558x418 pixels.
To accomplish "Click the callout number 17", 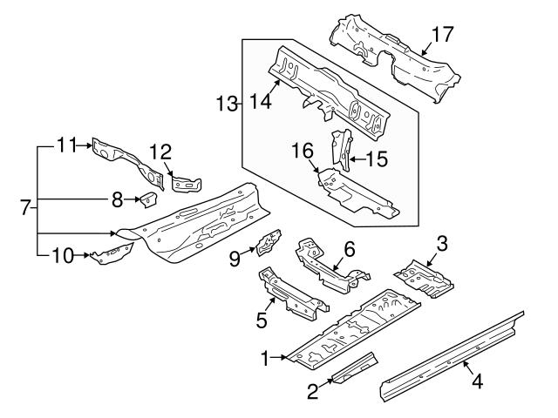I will point(444,35).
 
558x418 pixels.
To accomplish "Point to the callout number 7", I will point(27,208).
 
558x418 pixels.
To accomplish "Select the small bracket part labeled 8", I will point(146,200).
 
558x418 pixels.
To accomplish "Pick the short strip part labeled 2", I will point(356,367).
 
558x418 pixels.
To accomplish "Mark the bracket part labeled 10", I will point(112,254).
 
